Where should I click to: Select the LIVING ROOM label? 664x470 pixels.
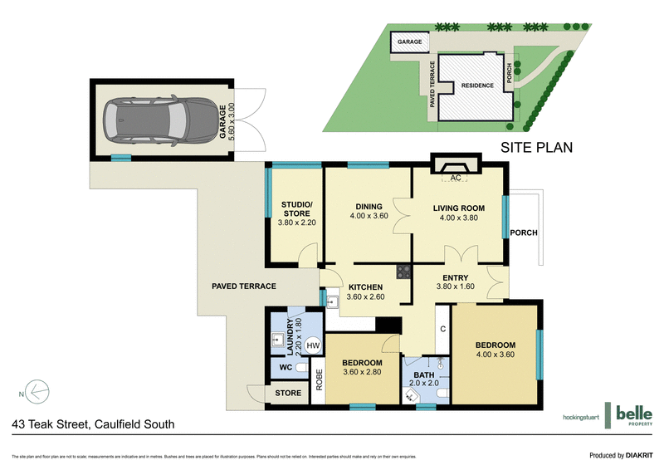pyautogui.click(x=458, y=207)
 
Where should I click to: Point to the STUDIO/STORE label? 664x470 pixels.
pyautogui.click(x=296, y=209)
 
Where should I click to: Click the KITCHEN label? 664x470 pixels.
pyautogui.click(x=364, y=287)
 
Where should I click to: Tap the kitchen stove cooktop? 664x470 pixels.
pyautogui.click(x=403, y=271)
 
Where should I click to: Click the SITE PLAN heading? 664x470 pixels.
pyautogui.click(x=537, y=148)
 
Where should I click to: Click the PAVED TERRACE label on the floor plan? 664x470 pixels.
pyautogui.click(x=243, y=286)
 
